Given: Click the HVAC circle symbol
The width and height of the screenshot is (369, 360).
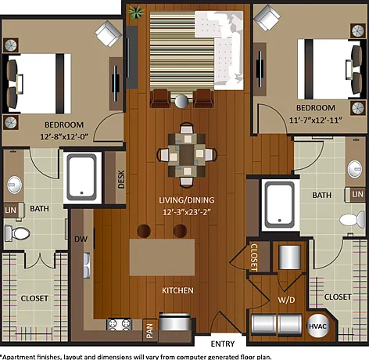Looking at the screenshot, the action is coord(317,326).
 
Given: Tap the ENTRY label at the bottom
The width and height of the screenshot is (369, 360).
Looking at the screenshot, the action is coord(223,344).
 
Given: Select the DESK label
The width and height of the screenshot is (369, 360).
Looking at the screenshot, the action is coord(121,179).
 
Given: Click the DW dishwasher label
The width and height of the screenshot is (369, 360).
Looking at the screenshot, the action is coord(81,239).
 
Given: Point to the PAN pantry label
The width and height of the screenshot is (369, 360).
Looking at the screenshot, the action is coord(150,331).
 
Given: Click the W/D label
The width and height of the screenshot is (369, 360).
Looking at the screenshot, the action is coord(286,300).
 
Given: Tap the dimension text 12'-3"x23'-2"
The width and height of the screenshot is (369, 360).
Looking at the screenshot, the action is coord(187,212).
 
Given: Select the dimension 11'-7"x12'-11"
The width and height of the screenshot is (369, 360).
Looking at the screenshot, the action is coord(316,120).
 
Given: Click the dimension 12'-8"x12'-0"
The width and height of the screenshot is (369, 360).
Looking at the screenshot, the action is coord(64,136).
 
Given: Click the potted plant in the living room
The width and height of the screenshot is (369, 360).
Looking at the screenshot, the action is coord(136,13).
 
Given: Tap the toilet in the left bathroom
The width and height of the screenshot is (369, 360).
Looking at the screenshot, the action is coord(17,232).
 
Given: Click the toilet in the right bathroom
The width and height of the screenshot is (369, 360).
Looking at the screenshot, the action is coord(353,220).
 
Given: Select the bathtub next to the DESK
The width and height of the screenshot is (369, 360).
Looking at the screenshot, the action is coord(82,177).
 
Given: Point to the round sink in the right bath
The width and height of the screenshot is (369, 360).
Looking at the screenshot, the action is coord(355,169).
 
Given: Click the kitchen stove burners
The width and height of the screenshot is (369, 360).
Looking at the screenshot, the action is coord(119,324).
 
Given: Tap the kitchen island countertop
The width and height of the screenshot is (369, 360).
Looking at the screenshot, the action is coord(162,257).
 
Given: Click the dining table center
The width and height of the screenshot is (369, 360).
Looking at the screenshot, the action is coord(187,154).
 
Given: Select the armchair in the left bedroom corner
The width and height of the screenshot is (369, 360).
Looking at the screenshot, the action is coord(108,34).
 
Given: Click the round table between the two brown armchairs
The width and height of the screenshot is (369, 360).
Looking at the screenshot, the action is coord(181,102).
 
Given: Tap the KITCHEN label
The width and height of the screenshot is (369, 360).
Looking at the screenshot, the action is coord(177,290).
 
